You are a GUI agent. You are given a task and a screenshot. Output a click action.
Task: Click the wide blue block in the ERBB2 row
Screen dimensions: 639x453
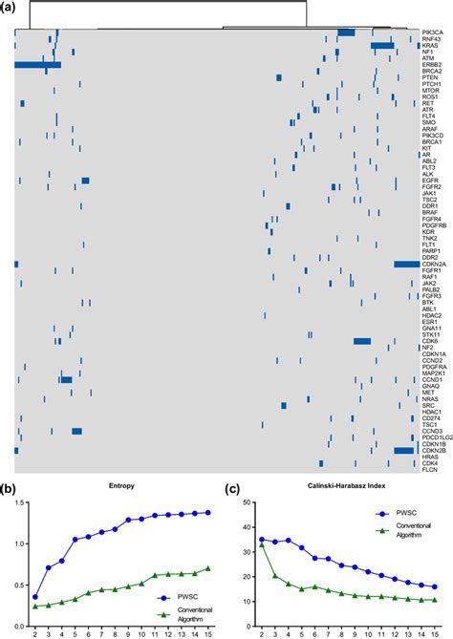38,65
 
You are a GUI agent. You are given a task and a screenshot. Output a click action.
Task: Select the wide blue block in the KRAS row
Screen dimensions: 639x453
382,45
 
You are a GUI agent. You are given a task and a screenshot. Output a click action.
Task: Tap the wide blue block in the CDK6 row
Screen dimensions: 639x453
362,341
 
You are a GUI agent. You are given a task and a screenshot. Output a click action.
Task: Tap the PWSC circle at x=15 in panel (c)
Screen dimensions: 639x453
434,587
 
